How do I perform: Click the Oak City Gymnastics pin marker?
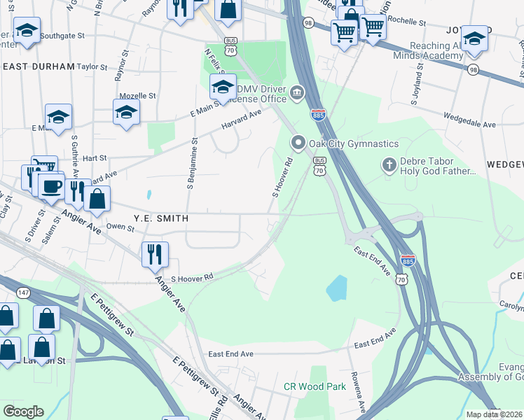click(298, 143)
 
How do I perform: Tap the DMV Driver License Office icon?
click(297, 92)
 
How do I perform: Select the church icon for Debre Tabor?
click(389, 165)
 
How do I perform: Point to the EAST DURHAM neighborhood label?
click(39, 66)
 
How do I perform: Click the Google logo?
click(23, 412)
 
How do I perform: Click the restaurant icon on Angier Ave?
click(154, 253)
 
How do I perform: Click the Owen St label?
click(120, 227)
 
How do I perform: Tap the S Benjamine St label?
click(190, 164)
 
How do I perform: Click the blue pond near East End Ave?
click(336, 287)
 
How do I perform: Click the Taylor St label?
click(92, 68)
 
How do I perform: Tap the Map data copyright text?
click(494, 414)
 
